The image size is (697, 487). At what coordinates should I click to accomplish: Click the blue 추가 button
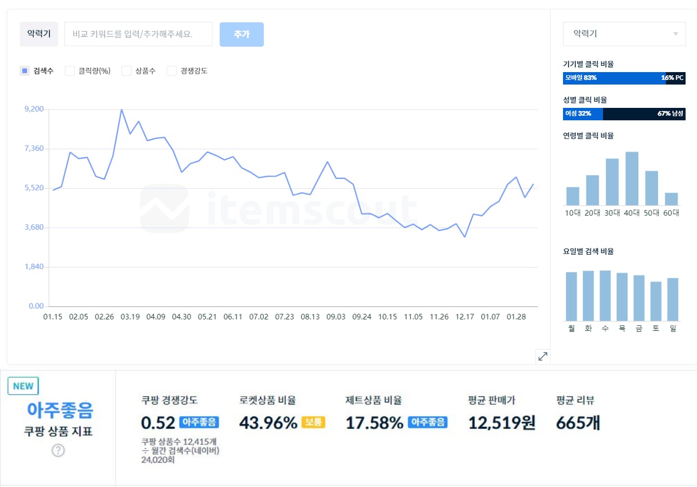coord(242,34)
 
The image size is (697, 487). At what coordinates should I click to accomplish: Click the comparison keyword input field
coord(138,34)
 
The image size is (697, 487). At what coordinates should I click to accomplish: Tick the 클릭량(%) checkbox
coord(70,71)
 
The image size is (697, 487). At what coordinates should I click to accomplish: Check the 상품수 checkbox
coord(126,71)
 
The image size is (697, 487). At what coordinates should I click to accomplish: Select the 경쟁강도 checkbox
coord(171,71)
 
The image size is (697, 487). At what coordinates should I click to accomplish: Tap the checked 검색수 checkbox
coord(24,71)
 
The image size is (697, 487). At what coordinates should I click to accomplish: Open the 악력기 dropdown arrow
coord(675,34)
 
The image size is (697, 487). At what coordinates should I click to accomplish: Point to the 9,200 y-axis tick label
coord(34,109)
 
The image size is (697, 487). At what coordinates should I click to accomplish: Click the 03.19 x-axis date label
coord(130,317)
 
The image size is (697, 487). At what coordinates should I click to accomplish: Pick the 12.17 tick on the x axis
coord(464,317)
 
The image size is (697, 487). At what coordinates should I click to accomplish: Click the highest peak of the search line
coord(122,110)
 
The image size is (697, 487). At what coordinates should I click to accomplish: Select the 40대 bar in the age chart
coord(632,178)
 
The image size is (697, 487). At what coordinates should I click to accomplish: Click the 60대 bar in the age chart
coord(671,199)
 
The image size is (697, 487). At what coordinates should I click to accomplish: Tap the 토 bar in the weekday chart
coord(656,301)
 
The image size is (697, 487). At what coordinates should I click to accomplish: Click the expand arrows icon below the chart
coord(543,356)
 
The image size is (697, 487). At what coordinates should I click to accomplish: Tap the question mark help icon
coord(58,451)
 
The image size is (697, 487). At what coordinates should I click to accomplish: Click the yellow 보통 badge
coord(313,422)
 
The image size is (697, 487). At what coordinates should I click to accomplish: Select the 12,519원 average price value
coord(502,423)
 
